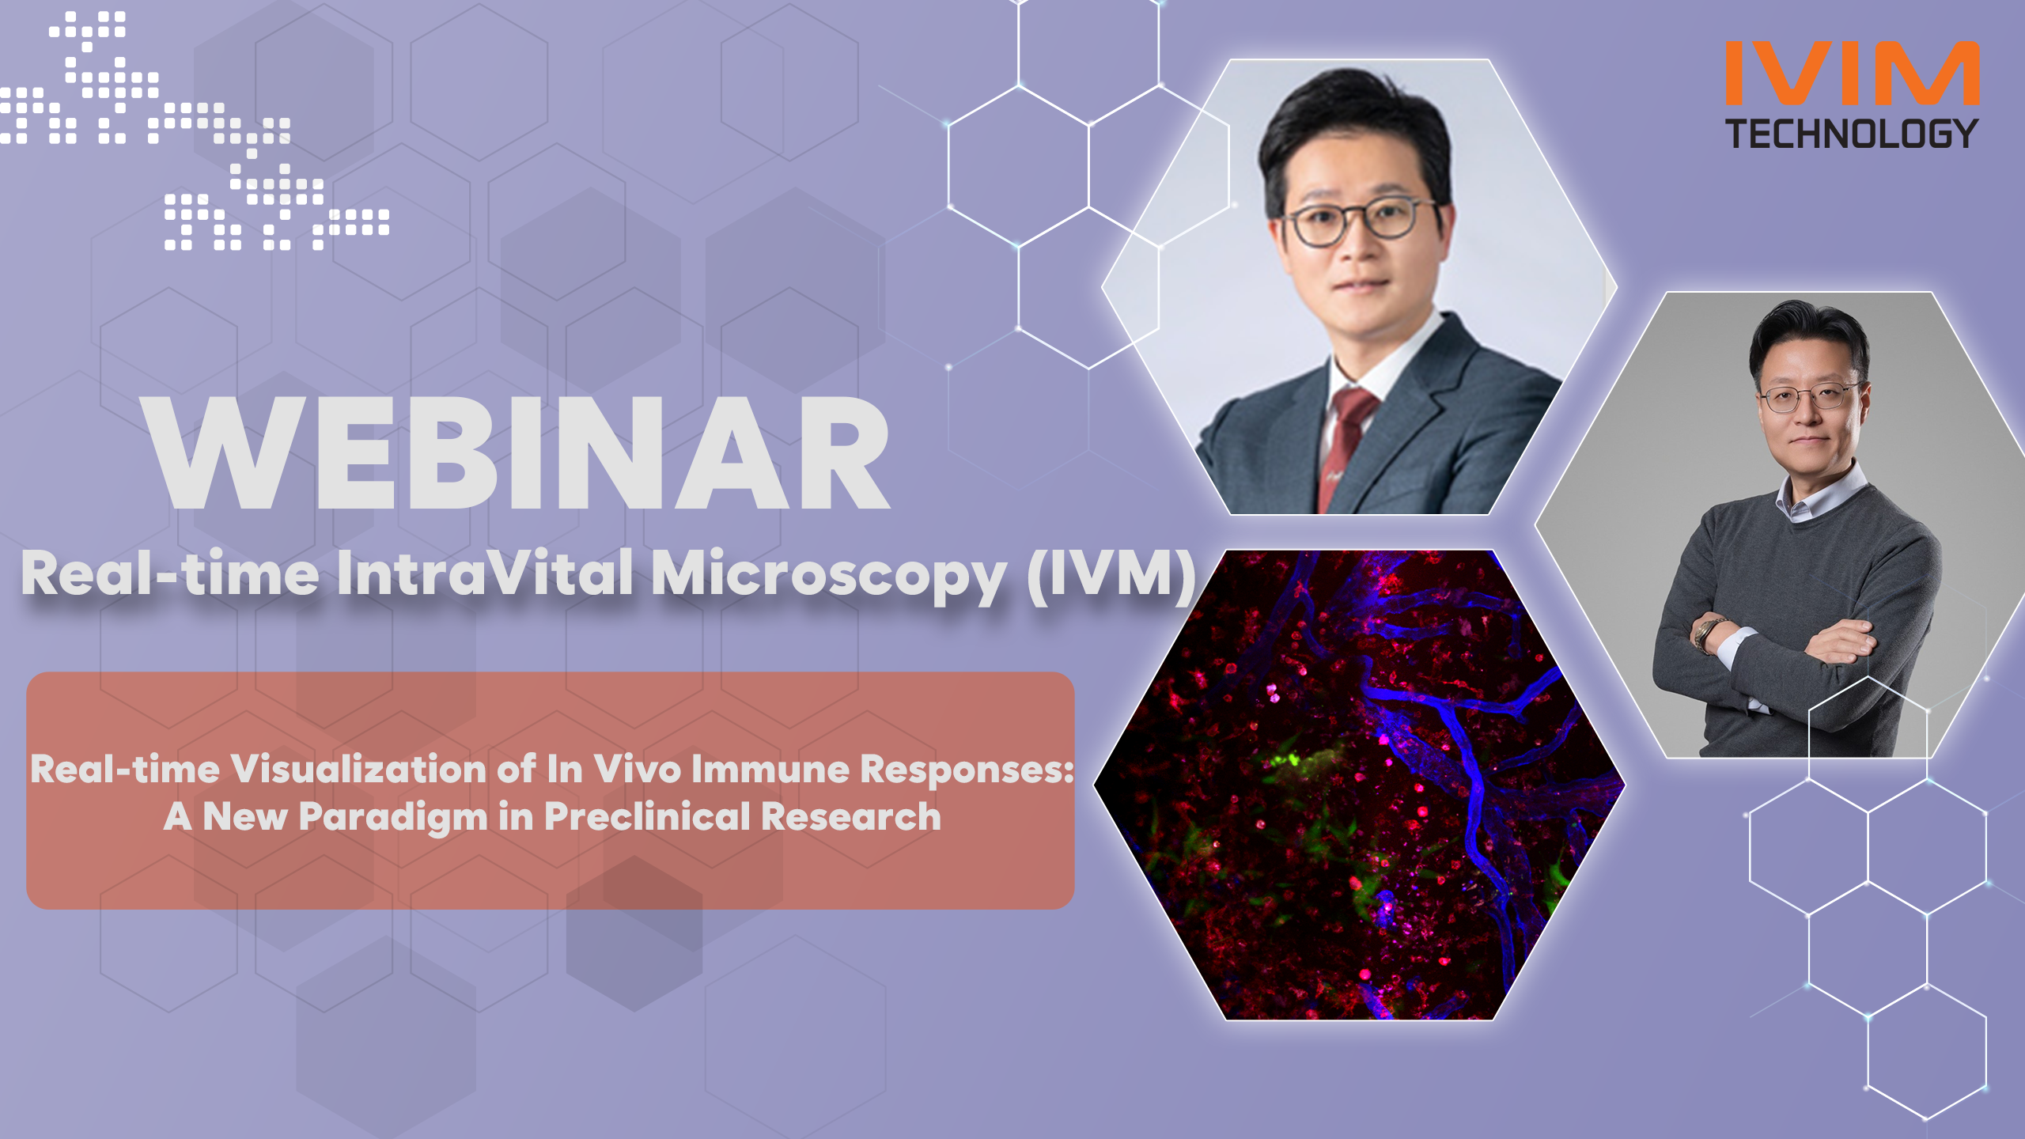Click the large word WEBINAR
click(518, 452)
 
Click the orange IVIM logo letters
click(1852, 73)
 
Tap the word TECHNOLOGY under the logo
click(1852, 134)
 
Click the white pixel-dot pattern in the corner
click(195, 131)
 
